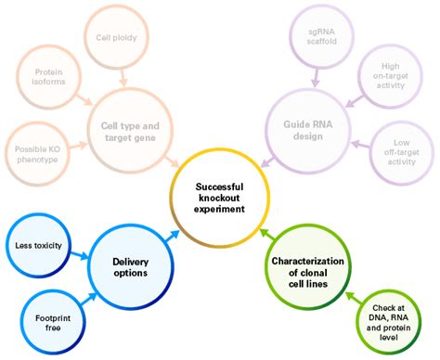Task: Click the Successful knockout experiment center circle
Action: click(220, 197)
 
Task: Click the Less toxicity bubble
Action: click(38, 245)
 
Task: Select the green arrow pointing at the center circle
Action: click(265, 235)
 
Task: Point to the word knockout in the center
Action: click(220, 197)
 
